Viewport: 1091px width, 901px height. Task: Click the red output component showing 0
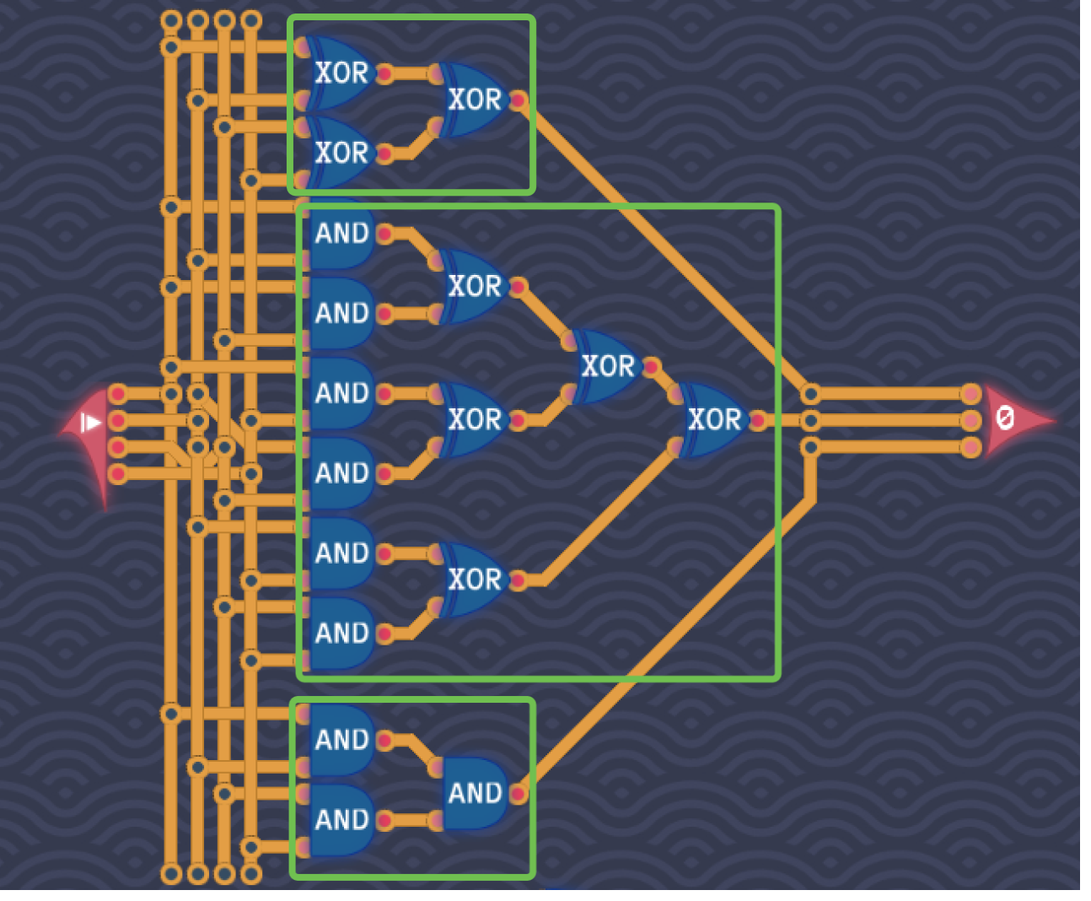pyautogui.click(x=1012, y=419)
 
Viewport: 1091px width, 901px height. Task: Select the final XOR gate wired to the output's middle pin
pyautogui.click(x=713, y=419)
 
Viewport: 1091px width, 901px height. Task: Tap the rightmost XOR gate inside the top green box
pyautogui.click(x=474, y=100)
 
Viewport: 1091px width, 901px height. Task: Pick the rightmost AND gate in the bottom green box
pyautogui.click(x=475, y=793)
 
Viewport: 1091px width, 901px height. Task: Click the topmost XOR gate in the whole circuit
pyautogui.click(x=341, y=73)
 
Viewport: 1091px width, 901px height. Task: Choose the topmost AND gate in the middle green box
pyautogui.click(x=341, y=234)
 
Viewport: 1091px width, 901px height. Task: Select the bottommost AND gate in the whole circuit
pyautogui.click(x=341, y=819)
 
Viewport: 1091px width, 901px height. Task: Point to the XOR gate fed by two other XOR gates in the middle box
pyautogui.click(x=606, y=366)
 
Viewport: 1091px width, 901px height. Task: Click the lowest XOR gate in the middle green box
pyautogui.click(x=474, y=580)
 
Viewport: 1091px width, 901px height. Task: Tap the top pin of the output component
pyautogui.click(x=970, y=394)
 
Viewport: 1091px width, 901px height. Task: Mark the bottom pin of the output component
pyautogui.click(x=970, y=446)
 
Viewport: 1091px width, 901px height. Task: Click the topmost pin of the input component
pyautogui.click(x=117, y=394)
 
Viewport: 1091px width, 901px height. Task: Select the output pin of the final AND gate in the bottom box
pyautogui.click(x=519, y=793)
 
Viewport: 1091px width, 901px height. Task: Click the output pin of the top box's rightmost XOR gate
pyautogui.click(x=519, y=100)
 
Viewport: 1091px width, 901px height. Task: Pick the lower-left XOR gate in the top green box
pyautogui.click(x=341, y=153)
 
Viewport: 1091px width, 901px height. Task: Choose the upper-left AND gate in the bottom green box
pyautogui.click(x=341, y=740)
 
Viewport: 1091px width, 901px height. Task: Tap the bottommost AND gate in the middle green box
pyautogui.click(x=341, y=633)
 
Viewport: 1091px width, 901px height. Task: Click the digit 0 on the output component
pyautogui.click(x=1004, y=418)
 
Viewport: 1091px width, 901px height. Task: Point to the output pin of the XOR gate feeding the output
pyautogui.click(x=758, y=419)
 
